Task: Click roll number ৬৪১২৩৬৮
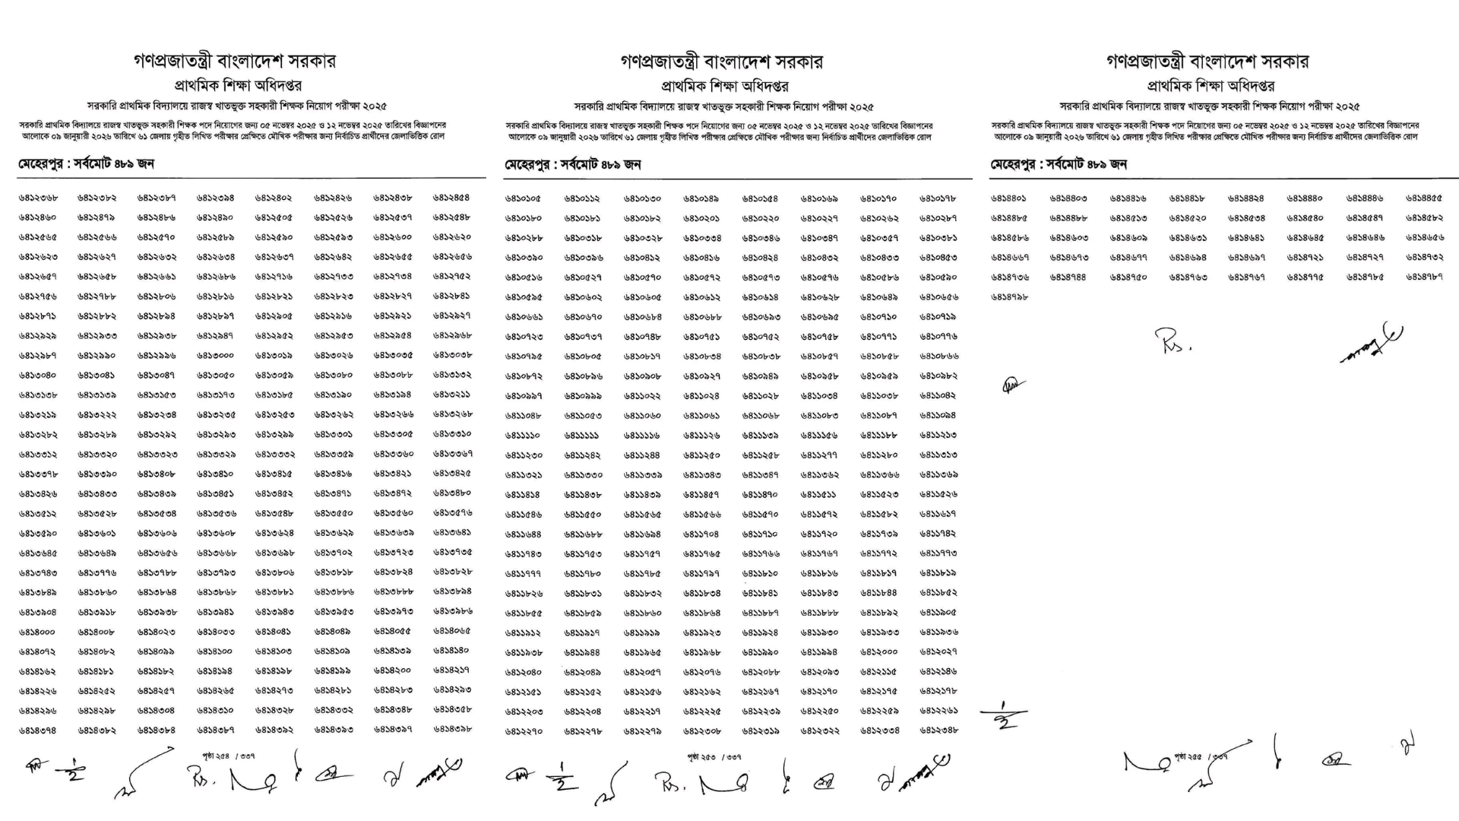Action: pos(38,198)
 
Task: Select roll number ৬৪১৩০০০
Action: pos(215,355)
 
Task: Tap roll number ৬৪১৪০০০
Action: pos(37,632)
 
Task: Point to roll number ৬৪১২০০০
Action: pos(879,652)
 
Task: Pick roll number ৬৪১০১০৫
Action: pos(524,198)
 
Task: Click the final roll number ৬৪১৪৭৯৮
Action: pos(1009,297)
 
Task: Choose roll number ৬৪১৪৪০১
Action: pos(1009,198)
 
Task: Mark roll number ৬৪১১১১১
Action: pos(582,436)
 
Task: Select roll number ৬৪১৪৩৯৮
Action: pos(452,729)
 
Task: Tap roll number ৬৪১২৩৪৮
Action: pos(938,731)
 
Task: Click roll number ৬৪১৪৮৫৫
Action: pos(1424,198)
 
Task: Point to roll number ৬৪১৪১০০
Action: pos(215,651)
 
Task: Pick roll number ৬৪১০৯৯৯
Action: pos(582,396)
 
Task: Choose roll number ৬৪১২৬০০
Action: pos(393,237)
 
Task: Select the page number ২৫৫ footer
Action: pos(1201,756)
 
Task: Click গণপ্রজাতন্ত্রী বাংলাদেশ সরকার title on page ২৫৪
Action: pos(235,61)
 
